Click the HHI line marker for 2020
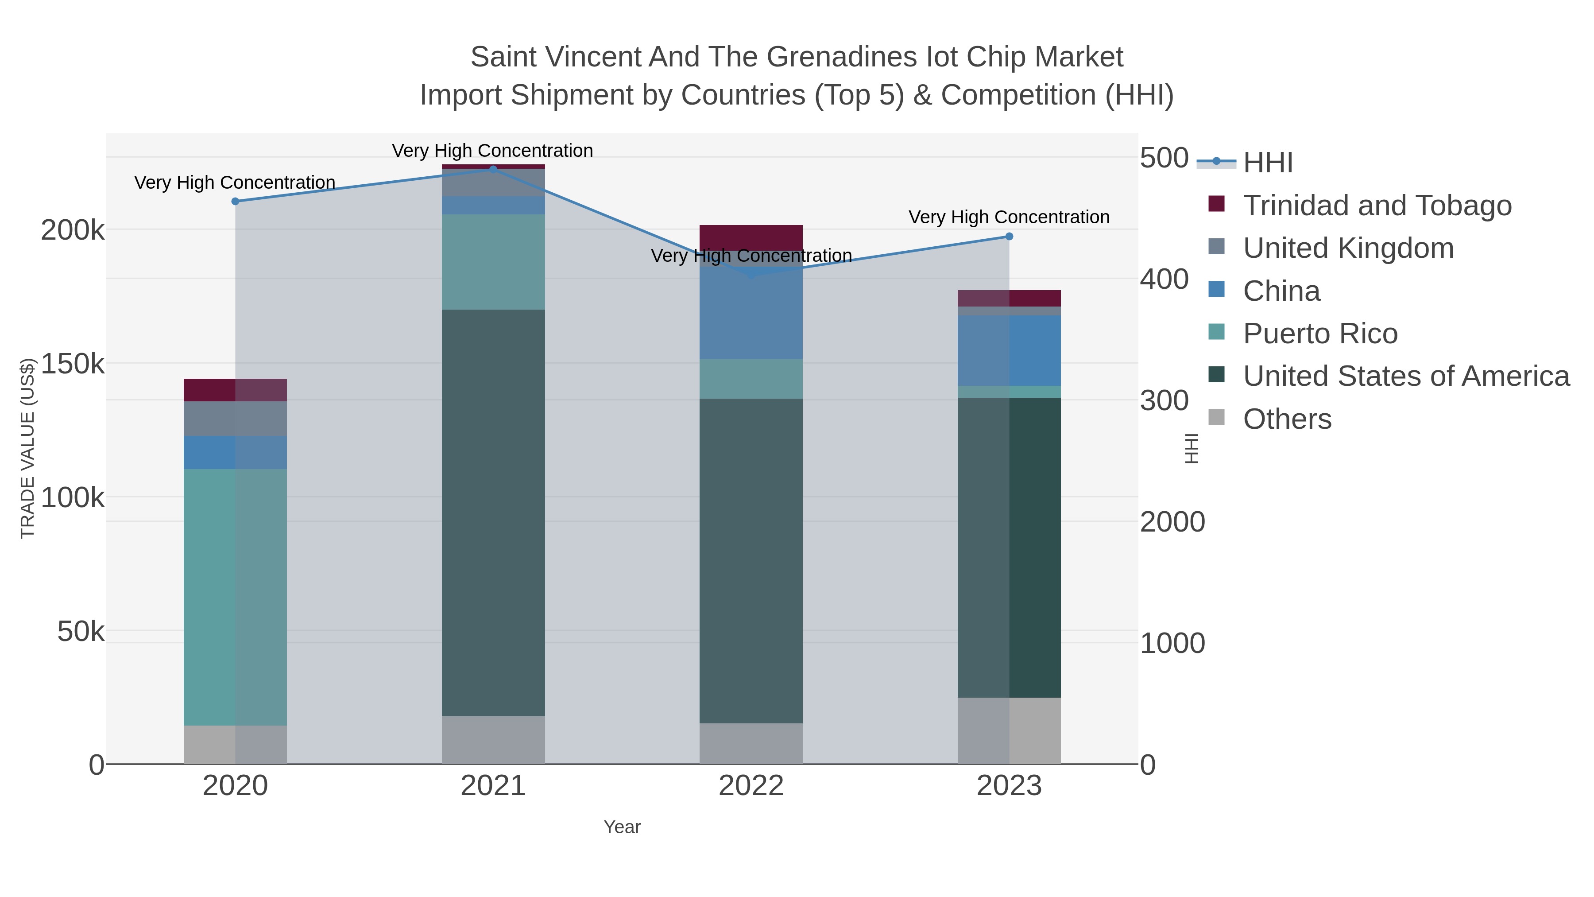pyautogui.click(x=235, y=201)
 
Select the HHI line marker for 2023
pyautogui.click(x=1009, y=237)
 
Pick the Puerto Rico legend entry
pyautogui.click(x=1320, y=334)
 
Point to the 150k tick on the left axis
pyautogui.click(x=73, y=364)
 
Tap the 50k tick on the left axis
pyautogui.click(x=81, y=631)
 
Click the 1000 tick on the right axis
pyautogui.click(x=1172, y=643)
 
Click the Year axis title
pyautogui.click(x=622, y=827)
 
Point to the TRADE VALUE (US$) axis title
pyautogui.click(x=28, y=448)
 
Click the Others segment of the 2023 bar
pyautogui.click(x=1009, y=730)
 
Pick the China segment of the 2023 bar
pyautogui.click(x=1009, y=350)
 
